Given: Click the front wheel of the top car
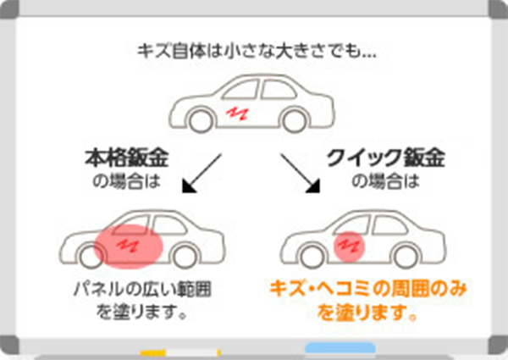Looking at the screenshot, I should coord(201,120).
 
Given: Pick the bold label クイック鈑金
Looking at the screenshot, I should coord(385,158).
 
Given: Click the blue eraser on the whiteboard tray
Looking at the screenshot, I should coord(339,348).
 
